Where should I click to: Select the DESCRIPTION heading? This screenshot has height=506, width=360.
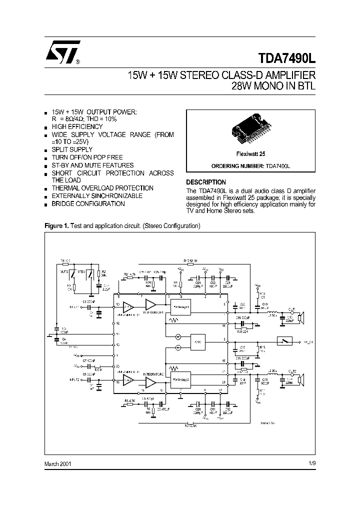(206, 182)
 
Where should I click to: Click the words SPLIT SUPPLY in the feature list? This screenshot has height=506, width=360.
(72, 149)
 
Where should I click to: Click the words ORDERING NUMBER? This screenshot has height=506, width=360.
(232, 165)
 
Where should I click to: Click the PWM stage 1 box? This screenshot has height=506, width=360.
(180, 305)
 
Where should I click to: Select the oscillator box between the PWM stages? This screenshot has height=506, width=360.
(197, 342)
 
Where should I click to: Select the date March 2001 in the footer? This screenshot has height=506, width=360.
(57, 463)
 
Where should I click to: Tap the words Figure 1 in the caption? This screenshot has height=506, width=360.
(56, 226)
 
